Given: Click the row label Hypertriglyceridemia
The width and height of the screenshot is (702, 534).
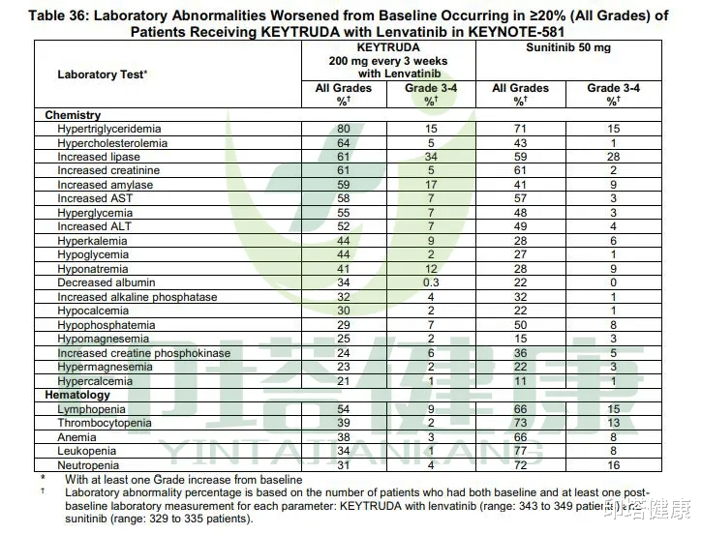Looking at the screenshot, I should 108,129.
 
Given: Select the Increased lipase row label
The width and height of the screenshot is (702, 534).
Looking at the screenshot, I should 99,157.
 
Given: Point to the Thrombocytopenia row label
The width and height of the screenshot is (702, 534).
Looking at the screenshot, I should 105,423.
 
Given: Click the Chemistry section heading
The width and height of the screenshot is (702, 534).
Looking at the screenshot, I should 73,115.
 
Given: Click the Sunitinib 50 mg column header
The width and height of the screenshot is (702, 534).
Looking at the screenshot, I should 567,47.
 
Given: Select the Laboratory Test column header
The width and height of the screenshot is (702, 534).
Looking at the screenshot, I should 103,74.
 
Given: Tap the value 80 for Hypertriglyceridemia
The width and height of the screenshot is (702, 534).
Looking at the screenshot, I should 343,129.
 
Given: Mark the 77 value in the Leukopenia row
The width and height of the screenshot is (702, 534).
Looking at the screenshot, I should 520,451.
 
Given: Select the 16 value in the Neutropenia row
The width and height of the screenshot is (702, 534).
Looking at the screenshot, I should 612,465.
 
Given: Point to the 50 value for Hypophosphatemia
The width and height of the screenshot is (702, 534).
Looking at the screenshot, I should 520,325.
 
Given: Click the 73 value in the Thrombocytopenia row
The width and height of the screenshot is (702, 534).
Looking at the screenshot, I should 520,423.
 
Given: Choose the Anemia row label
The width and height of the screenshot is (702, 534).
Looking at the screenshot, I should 77,437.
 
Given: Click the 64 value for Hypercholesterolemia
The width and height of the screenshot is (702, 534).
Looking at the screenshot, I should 343,143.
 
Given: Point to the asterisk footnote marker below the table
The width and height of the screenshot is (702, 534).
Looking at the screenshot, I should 43,478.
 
